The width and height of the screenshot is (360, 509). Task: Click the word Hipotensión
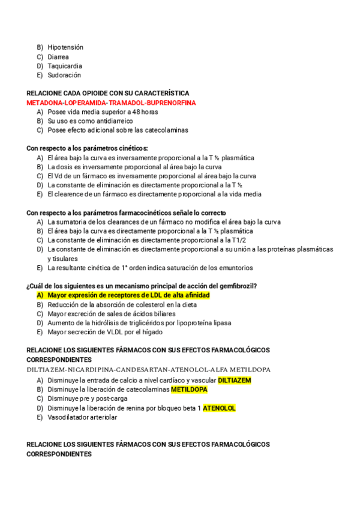65,47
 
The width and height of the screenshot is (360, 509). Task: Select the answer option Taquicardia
65,66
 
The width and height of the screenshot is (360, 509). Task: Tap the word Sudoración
64,75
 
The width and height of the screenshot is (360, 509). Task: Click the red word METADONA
45,103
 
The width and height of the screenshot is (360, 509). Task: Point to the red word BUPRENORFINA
171,103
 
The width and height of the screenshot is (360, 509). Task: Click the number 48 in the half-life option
137,112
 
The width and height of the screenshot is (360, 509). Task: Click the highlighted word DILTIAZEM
235,381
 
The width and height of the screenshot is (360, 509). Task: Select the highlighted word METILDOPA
189,390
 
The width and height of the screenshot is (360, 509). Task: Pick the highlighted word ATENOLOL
219,408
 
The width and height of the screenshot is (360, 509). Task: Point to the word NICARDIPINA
88,369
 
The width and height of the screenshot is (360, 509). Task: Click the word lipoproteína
229,323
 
